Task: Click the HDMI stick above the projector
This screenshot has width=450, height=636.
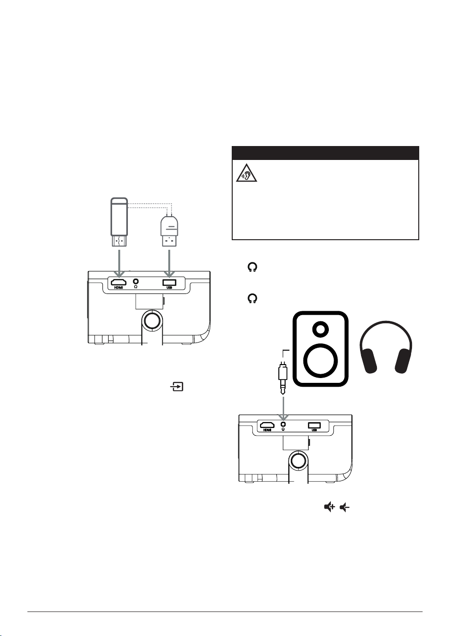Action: tap(119, 222)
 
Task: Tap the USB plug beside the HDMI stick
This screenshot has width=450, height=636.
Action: tap(169, 231)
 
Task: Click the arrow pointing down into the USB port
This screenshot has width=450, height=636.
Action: tap(169, 263)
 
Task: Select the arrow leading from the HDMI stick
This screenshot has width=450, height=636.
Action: tap(119, 263)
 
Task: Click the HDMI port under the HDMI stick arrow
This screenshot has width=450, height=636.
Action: tap(119, 282)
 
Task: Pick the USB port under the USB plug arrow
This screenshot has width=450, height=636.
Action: tap(169, 283)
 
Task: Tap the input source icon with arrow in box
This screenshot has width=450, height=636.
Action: tap(177, 386)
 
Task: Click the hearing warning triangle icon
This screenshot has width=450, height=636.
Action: tap(246, 173)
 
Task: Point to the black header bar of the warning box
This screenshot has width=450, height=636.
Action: tap(325, 153)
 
